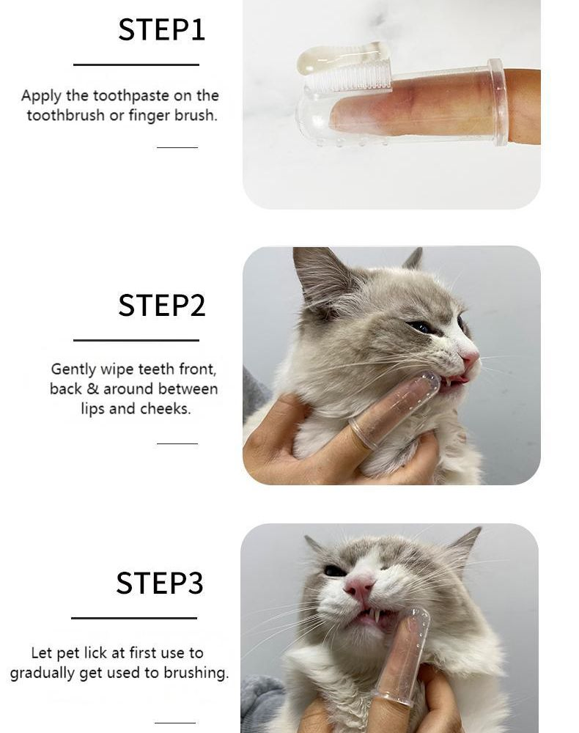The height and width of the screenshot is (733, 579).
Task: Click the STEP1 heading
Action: click(161, 30)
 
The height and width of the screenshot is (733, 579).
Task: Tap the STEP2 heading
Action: click(161, 306)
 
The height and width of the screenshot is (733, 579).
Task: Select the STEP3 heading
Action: click(159, 583)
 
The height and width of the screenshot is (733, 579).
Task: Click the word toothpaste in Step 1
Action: click(130, 96)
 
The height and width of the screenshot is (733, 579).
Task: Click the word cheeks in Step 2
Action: click(166, 409)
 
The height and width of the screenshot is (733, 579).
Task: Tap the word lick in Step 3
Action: click(111, 652)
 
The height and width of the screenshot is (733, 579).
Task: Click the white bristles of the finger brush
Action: click(347, 76)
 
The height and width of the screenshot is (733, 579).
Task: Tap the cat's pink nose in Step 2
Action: click(469, 358)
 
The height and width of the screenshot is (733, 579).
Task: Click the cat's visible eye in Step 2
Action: click(421, 327)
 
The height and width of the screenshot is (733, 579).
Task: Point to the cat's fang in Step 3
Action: click(377, 616)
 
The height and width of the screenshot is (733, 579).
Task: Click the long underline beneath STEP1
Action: click(136, 65)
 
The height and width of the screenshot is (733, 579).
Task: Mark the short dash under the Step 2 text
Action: click(177, 443)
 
